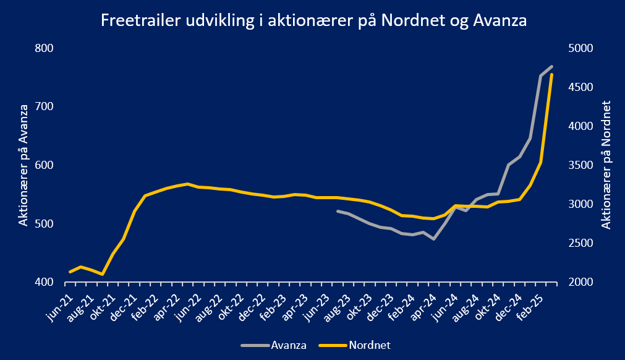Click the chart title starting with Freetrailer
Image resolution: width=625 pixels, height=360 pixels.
tap(313, 20)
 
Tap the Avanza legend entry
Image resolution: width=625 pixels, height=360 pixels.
tap(274, 345)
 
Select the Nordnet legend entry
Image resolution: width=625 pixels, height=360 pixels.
tap(355, 345)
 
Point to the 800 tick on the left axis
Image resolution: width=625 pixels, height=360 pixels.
tap(45, 48)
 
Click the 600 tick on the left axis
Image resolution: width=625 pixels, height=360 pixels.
tap(45, 165)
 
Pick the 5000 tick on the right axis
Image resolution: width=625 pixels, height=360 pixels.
tap(580, 48)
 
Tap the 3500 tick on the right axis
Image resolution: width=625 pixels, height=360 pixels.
tap(580, 165)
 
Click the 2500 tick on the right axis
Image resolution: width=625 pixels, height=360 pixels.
tap(580, 243)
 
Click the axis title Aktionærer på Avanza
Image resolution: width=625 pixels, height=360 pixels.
tap(23, 165)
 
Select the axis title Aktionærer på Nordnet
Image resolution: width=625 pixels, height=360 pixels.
tap(606, 165)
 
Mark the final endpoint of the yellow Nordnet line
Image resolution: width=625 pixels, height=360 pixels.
tap(551, 75)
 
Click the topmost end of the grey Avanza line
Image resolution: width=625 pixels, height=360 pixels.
tap(551, 66)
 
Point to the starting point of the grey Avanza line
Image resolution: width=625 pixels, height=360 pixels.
tap(338, 211)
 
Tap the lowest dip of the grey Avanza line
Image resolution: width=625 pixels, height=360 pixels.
tap(434, 239)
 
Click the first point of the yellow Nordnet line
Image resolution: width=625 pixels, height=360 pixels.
tap(70, 272)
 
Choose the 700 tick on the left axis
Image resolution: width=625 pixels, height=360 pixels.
tap(45, 106)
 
